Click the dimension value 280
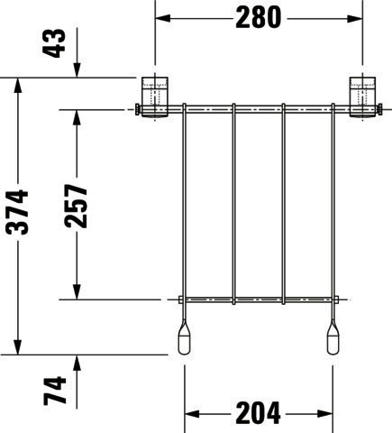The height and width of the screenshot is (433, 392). (x=258, y=17)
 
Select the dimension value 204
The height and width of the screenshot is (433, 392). (x=258, y=413)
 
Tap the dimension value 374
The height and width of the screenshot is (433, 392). (x=17, y=212)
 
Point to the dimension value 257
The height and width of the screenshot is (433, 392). (x=76, y=206)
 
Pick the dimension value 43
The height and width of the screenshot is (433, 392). (x=54, y=43)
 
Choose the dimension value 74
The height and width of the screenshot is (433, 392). (x=55, y=391)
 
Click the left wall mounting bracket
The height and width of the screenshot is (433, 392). (x=155, y=97)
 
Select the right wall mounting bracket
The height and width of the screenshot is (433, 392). (x=362, y=97)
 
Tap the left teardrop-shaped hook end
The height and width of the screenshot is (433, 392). (x=184, y=337)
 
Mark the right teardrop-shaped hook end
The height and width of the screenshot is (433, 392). (x=333, y=337)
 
